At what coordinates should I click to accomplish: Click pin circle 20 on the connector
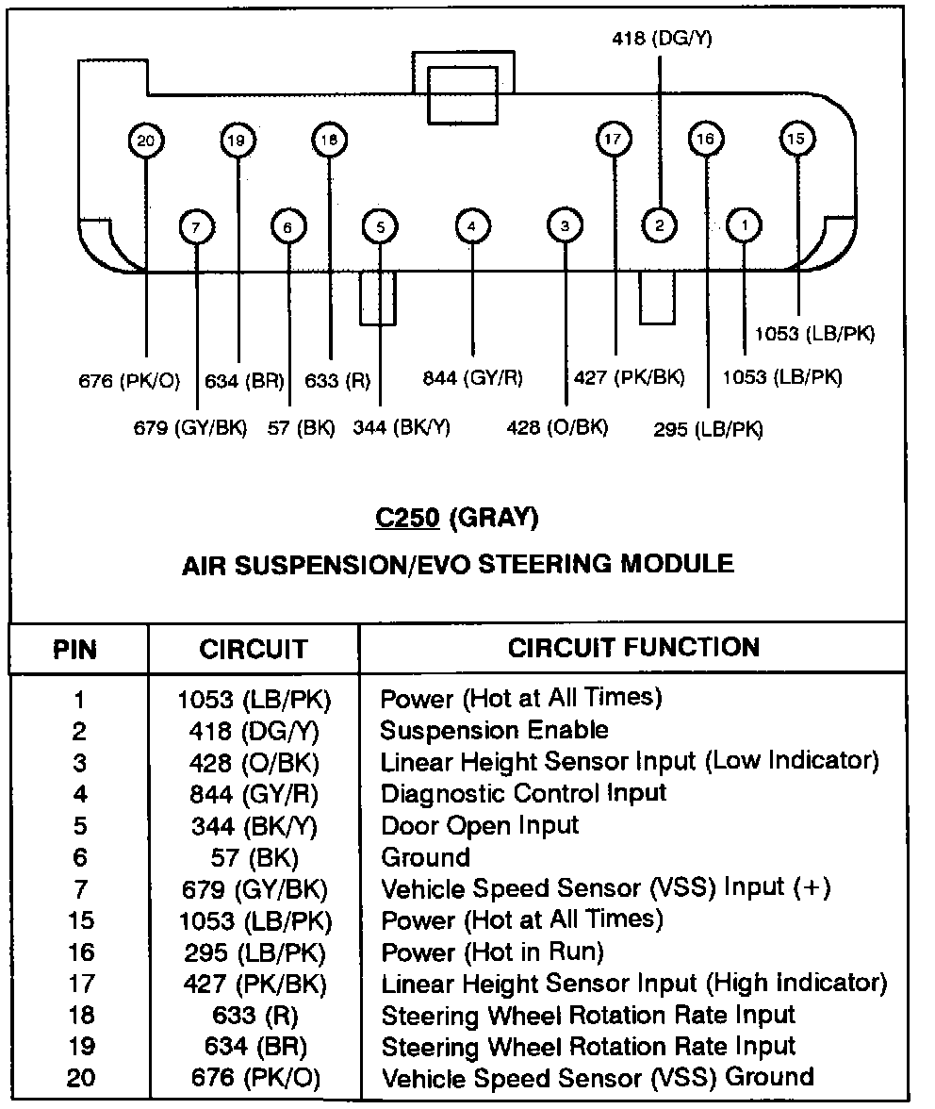(145, 141)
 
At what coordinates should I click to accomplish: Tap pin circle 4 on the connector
(472, 226)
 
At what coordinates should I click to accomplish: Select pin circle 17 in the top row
(613, 141)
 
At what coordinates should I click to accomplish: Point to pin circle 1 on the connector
(746, 225)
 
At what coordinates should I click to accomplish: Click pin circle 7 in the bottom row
(195, 227)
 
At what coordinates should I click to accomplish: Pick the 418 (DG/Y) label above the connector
(661, 39)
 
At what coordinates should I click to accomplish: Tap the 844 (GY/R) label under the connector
(472, 378)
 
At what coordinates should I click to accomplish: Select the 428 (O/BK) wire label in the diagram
(557, 427)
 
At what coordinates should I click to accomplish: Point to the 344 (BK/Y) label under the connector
(402, 427)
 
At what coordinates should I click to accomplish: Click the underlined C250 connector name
(408, 518)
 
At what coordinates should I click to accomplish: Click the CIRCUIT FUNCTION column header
(633, 647)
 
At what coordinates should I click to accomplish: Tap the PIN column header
(74, 650)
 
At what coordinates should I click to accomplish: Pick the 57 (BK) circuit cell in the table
(254, 857)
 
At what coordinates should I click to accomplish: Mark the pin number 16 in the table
(80, 952)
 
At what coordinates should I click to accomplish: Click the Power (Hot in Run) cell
(491, 952)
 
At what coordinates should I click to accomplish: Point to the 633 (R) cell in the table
(254, 1015)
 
